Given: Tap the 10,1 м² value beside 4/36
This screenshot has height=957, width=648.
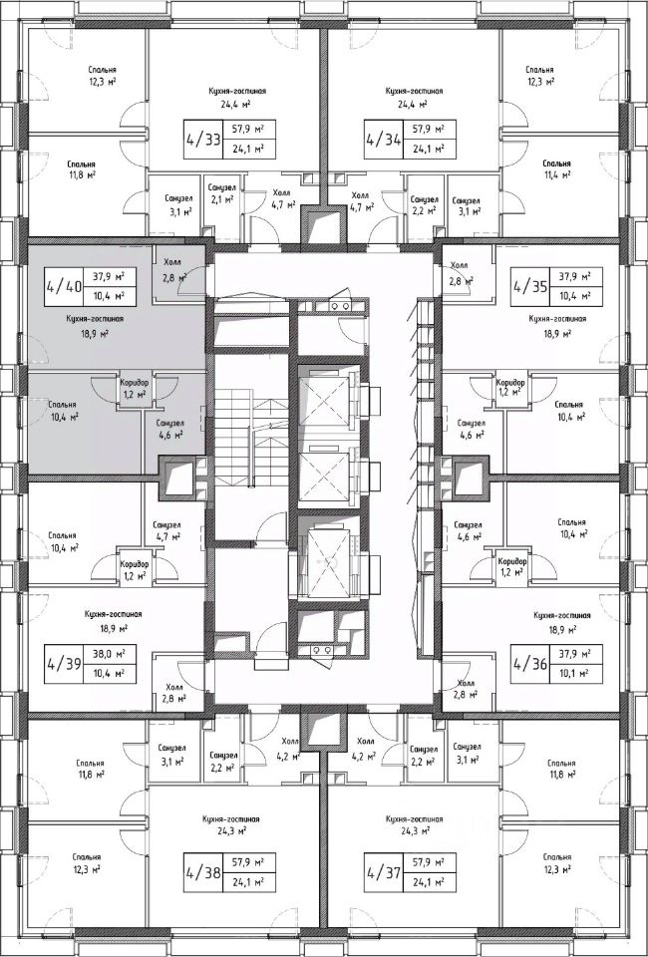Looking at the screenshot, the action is (571, 673).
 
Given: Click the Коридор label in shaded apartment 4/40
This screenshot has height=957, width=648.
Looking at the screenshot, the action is (134, 382).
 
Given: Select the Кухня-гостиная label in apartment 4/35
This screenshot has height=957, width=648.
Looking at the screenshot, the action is (558, 320).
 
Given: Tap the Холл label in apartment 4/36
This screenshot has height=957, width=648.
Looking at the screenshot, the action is (461, 687).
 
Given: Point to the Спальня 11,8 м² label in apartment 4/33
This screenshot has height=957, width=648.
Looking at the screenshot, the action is (82, 168).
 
